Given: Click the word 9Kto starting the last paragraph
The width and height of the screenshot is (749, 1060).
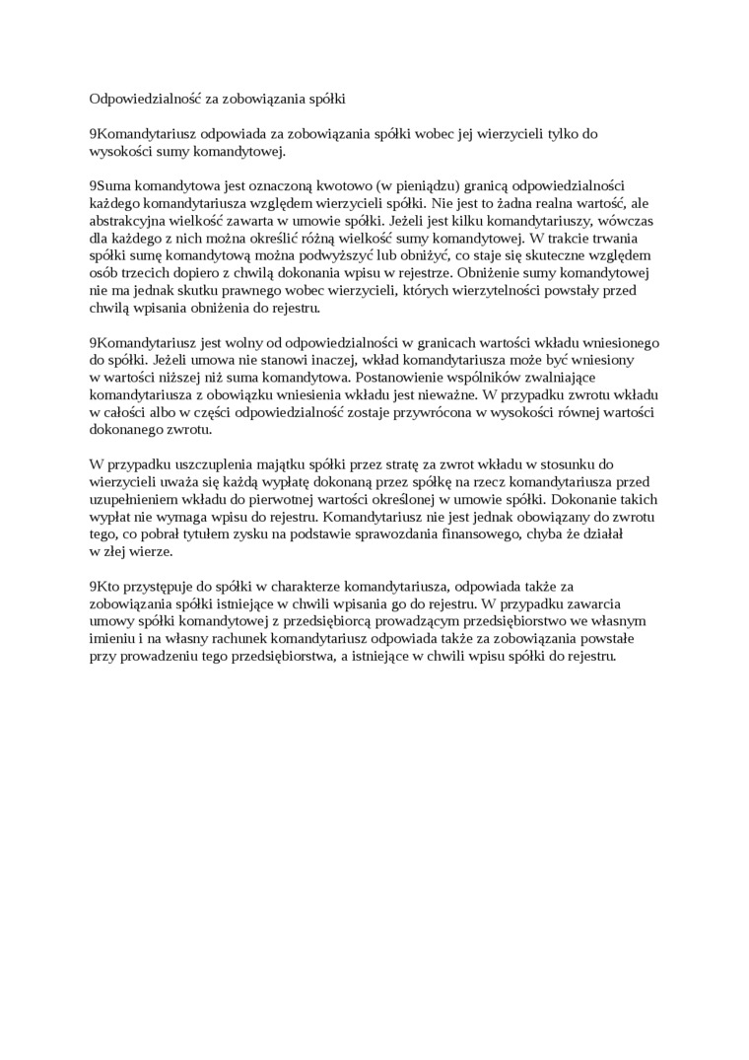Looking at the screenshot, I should coord(105,586).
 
